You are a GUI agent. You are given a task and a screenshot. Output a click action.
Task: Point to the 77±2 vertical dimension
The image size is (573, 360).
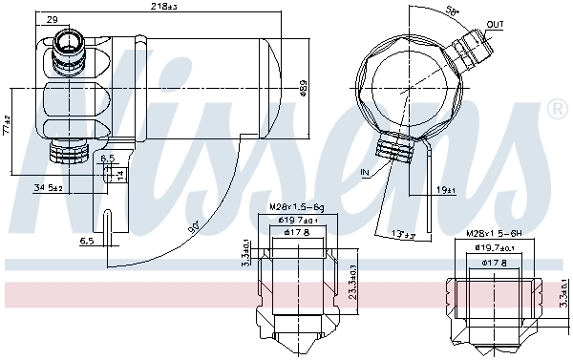(6, 124)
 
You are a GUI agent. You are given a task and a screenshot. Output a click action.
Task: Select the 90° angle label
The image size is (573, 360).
(194, 227)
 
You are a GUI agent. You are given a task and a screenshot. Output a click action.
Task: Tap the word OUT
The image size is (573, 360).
(495, 24)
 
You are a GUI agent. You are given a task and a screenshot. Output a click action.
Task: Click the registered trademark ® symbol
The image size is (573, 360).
(556, 111)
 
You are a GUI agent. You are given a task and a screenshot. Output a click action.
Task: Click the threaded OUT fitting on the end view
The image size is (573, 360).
(473, 46)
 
